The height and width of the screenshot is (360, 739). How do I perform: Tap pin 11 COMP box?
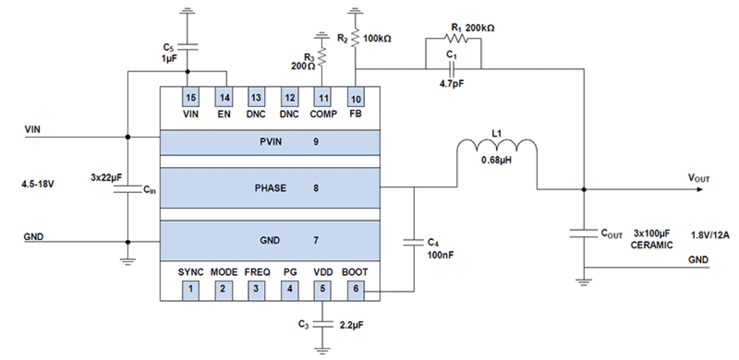point(322,96)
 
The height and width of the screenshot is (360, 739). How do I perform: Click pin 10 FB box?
point(355,96)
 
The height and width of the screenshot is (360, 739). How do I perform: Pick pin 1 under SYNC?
point(189,289)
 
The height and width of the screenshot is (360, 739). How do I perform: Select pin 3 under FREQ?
point(256,289)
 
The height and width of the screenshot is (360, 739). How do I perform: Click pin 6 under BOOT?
point(355,289)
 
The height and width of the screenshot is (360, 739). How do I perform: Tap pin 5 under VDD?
point(322,289)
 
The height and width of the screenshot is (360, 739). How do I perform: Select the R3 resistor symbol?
point(322,58)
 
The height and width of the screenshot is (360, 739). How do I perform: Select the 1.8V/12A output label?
point(711,235)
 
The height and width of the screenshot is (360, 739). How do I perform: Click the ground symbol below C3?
point(322,351)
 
